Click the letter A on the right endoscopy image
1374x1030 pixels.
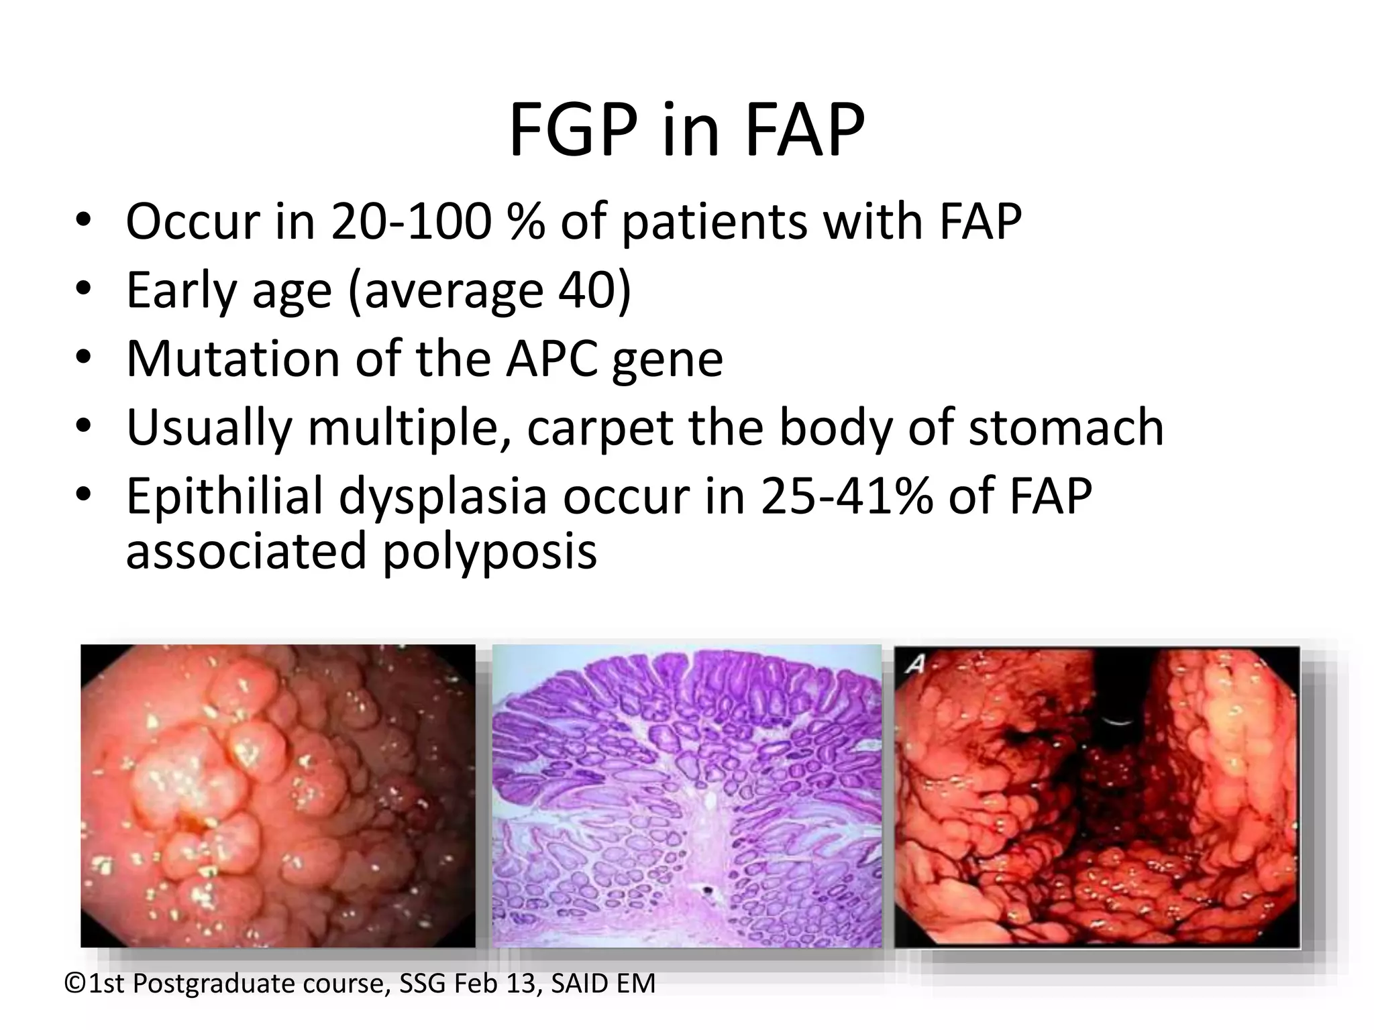(x=914, y=665)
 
